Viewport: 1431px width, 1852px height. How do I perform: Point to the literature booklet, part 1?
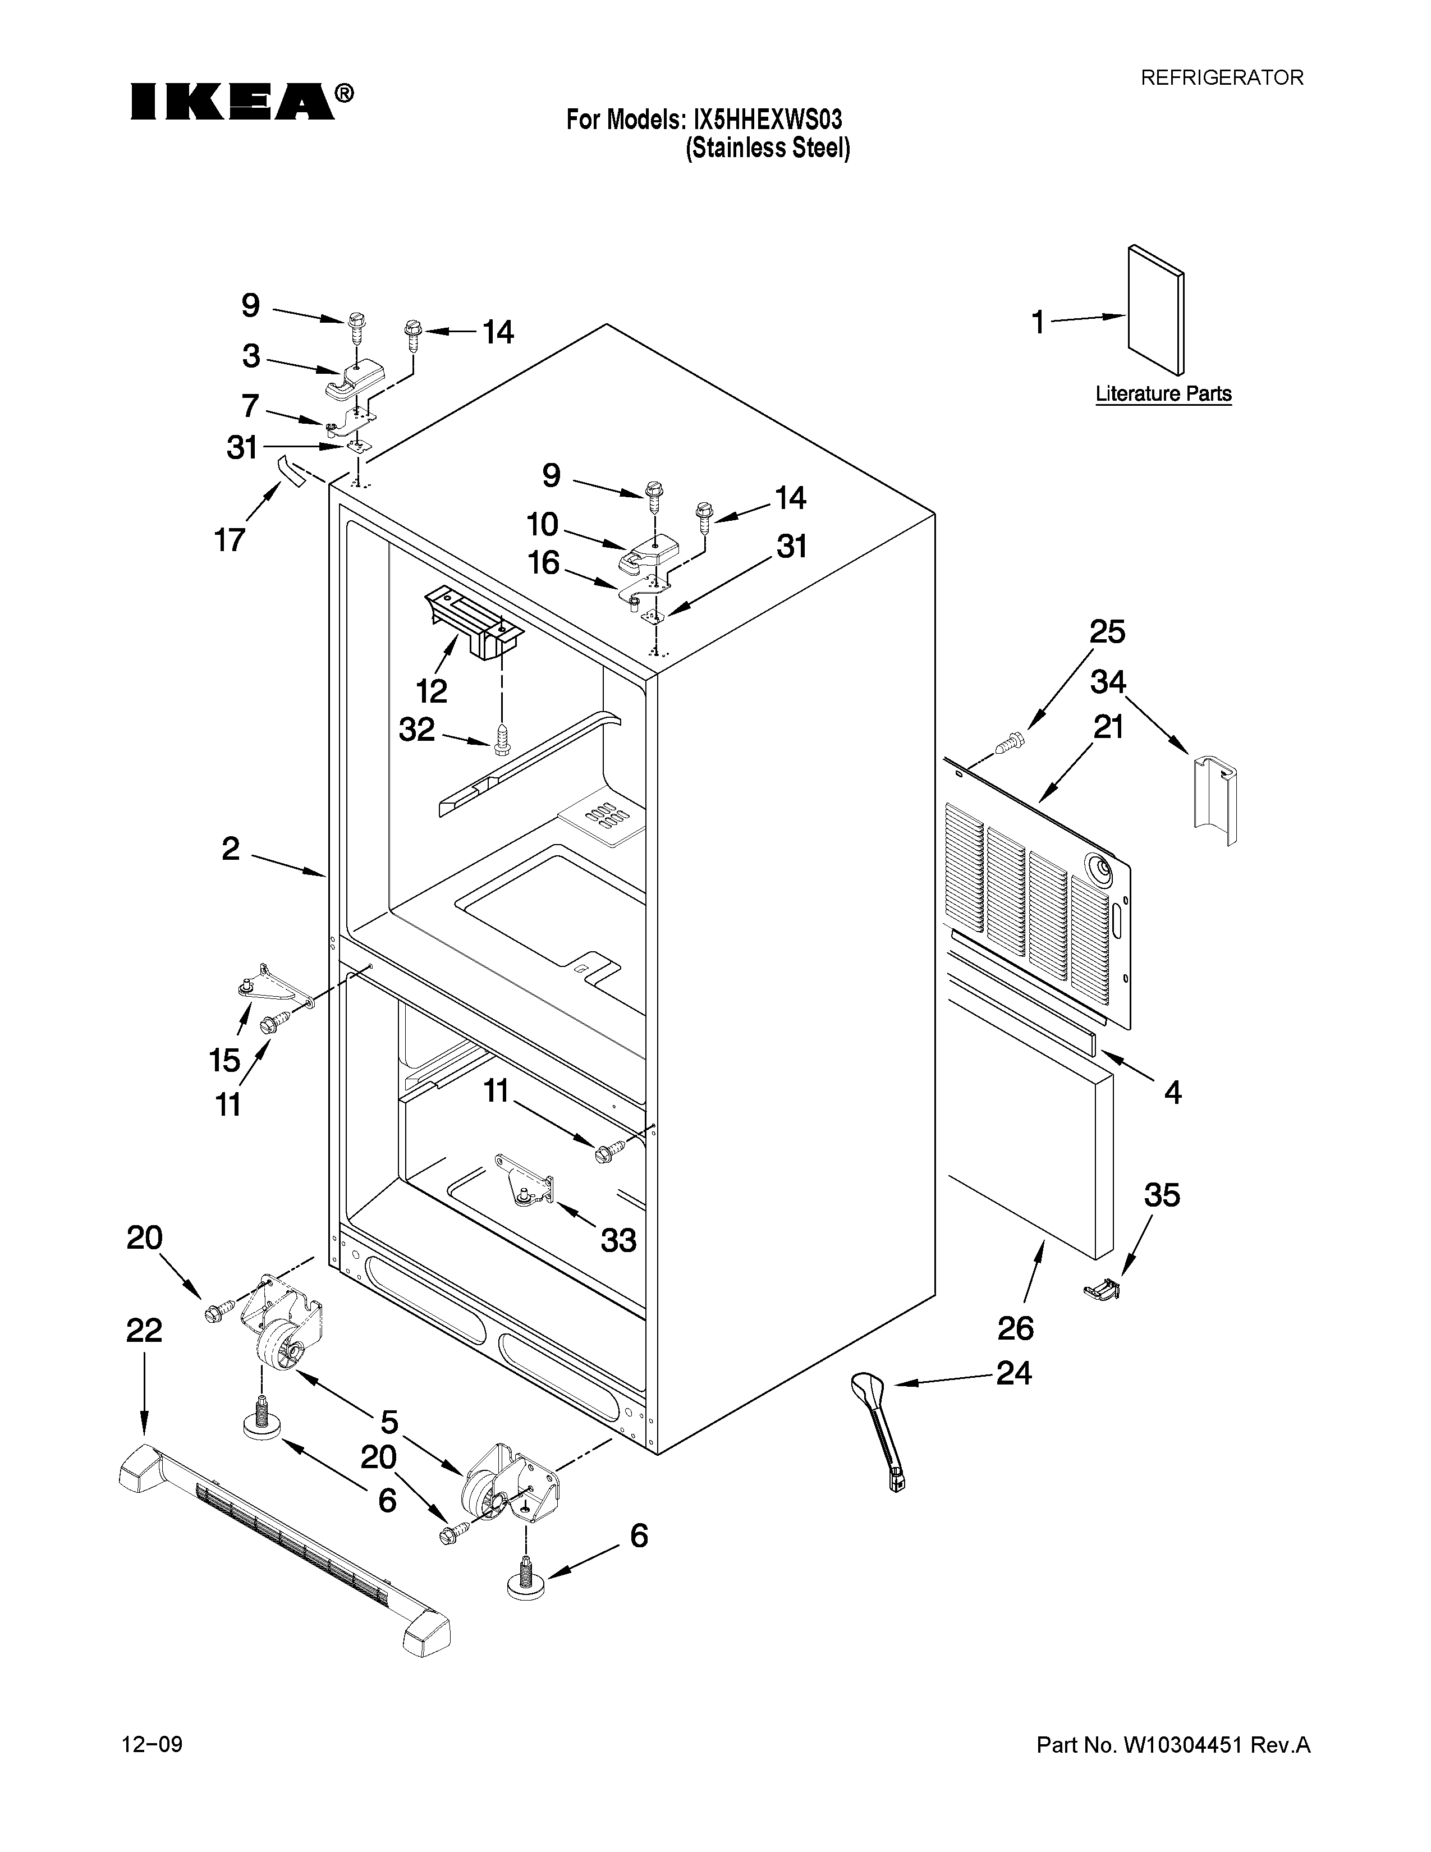coord(1155,310)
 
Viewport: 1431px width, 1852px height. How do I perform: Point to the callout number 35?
coord(1162,1195)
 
